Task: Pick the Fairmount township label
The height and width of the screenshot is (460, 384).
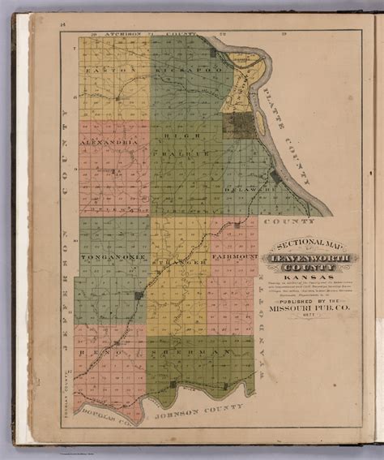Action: (x=233, y=257)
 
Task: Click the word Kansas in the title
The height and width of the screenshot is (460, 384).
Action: (x=300, y=275)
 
